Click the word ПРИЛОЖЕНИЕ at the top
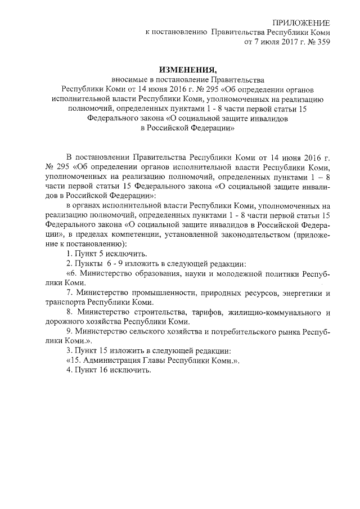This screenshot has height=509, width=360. click(x=301, y=22)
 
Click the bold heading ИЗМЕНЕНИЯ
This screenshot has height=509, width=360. click(x=187, y=70)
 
